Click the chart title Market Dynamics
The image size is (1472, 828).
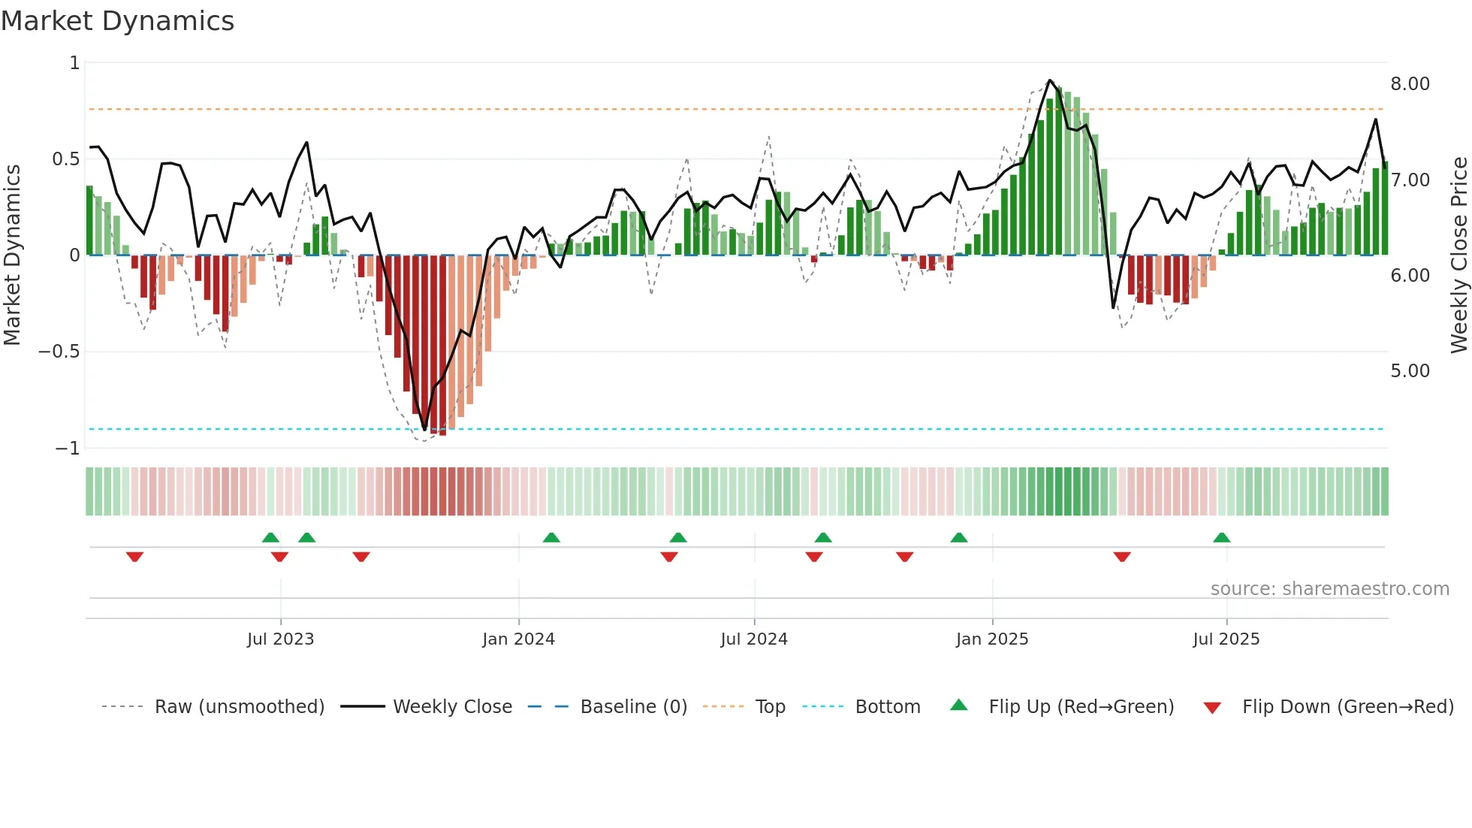pyautogui.click(x=117, y=21)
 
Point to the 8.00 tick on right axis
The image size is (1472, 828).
pyautogui.click(x=1410, y=84)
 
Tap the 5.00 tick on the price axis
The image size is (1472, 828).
pyautogui.click(x=1410, y=371)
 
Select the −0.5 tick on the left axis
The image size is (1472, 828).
pyautogui.click(x=59, y=352)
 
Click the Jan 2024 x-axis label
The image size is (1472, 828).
pyautogui.click(x=518, y=639)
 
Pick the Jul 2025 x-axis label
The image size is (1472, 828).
pyautogui.click(x=1226, y=639)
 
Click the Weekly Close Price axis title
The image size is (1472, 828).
pyautogui.click(x=1458, y=255)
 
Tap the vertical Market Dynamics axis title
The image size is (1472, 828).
pyautogui.click(x=12, y=255)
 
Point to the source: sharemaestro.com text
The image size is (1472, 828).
pyautogui.click(x=1329, y=589)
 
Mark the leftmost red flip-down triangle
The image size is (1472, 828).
pyautogui.click(x=134, y=557)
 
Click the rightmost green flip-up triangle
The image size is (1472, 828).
pyautogui.click(x=1221, y=537)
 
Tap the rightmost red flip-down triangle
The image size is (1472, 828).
pyautogui.click(x=1122, y=557)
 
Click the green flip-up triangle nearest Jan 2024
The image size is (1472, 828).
pyautogui.click(x=551, y=537)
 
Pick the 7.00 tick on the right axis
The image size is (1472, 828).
pyautogui.click(x=1410, y=180)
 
